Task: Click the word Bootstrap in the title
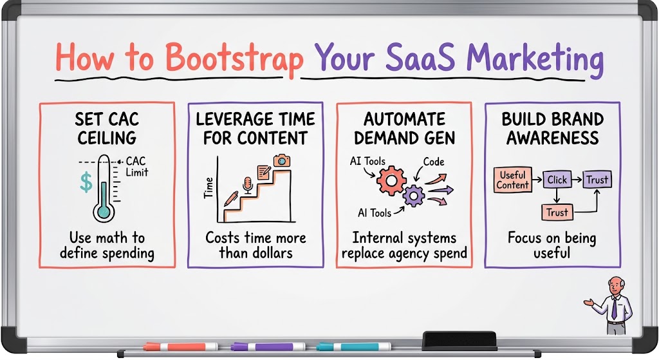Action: [234, 58]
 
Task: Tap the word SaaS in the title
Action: [420, 57]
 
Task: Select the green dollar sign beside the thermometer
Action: [86, 182]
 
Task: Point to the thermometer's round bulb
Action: [104, 211]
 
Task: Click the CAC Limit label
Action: [136, 167]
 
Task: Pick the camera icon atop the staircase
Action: [282, 160]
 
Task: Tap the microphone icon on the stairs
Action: [248, 185]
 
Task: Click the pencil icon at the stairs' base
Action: [231, 198]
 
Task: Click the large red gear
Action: [391, 180]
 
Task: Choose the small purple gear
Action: [414, 196]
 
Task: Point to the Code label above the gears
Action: [434, 162]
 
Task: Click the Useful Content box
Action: [512, 180]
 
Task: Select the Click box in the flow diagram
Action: [557, 180]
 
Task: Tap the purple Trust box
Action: [597, 180]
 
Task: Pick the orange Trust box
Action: [557, 213]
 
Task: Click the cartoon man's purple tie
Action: [614, 308]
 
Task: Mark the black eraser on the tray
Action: [459, 340]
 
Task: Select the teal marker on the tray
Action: [353, 347]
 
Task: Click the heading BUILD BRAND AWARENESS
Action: [552, 129]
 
